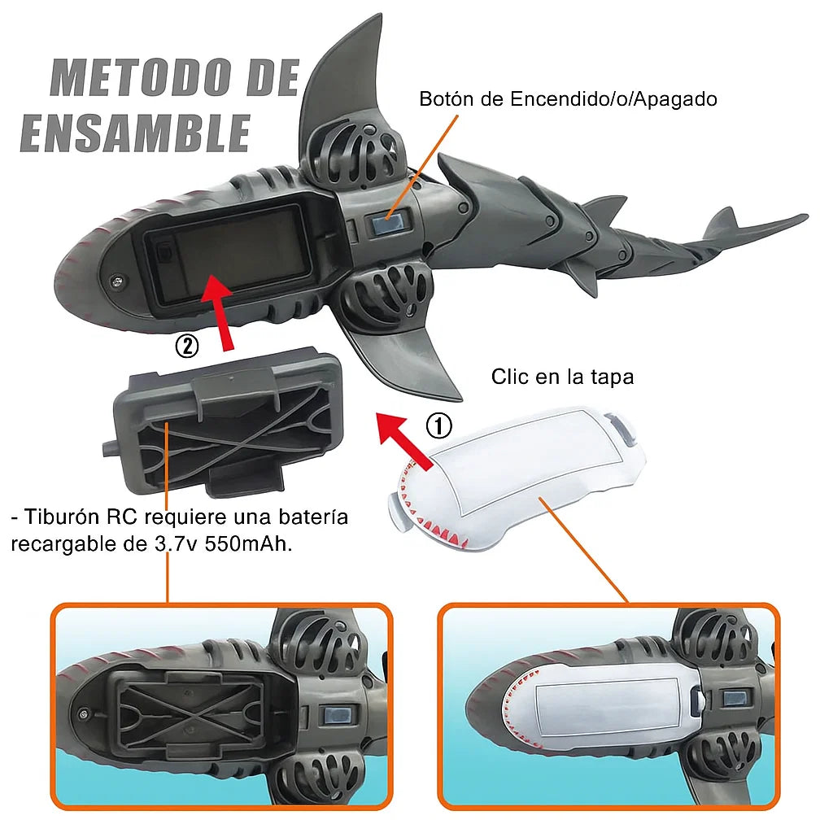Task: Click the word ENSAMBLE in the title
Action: (135, 133)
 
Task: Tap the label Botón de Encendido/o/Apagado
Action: (568, 99)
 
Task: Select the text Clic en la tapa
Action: (562, 377)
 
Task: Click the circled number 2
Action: (187, 347)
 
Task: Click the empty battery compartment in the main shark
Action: (228, 254)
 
